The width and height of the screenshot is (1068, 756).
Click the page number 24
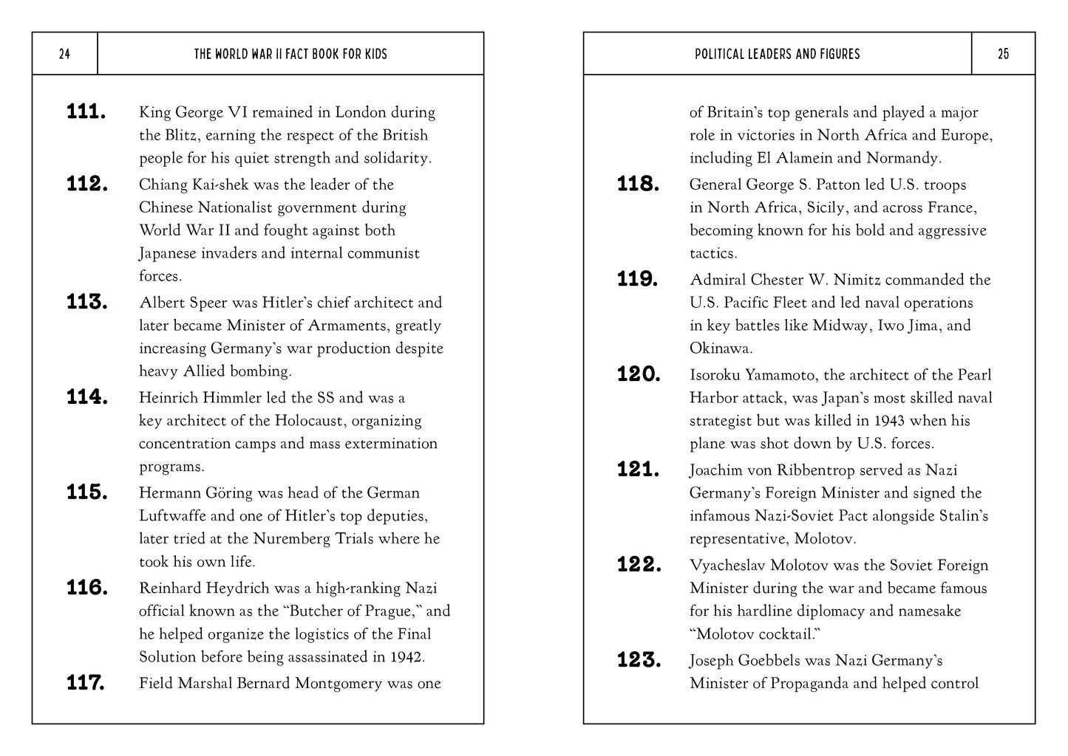tap(64, 54)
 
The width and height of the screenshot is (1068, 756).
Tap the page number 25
tap(1003, 54)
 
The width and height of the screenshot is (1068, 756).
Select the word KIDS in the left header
tap(373, 54)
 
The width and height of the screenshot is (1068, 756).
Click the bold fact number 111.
tap(86, 112)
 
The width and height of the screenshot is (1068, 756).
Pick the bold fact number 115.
tap(87, 492)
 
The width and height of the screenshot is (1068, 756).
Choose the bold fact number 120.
tap(639, 375)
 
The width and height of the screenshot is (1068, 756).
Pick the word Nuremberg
tap(293, 539)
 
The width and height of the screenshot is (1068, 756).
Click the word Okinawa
tap(721, 348)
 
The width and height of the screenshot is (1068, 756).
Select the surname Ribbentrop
tap(783, 470)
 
